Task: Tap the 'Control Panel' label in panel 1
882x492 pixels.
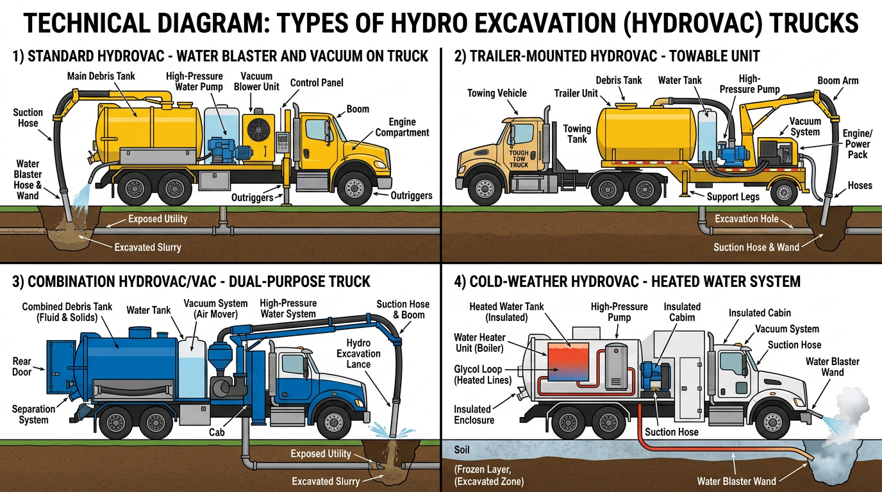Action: (x=317, y=83)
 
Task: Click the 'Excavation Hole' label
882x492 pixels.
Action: (x=746, y=219)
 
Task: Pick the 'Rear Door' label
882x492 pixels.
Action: (x=22, y=366)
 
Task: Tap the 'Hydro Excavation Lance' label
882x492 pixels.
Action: (x=363, y=354)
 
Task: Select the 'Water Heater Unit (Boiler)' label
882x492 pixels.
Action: (x=479, y=343)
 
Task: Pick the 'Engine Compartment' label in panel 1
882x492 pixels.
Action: (x=402, y=127)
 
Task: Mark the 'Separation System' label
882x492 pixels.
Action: (x=33, y=414)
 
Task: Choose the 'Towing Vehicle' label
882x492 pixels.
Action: (x=497, y=94)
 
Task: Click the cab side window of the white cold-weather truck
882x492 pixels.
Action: (x=732, y=363)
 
